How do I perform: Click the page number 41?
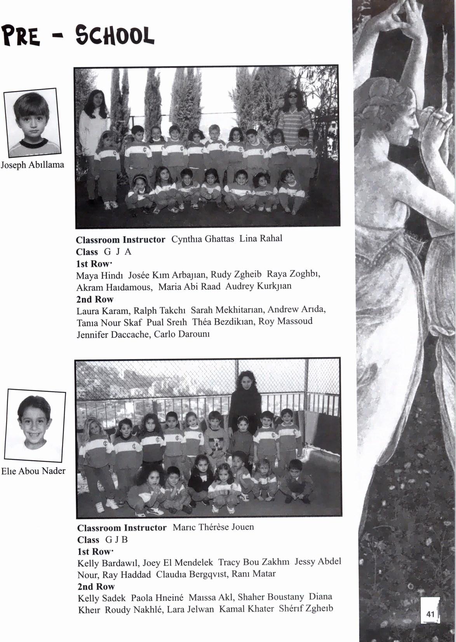tap(430, 614)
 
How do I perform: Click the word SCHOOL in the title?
tap(115, 36)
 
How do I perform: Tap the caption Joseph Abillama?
tap(32, 165)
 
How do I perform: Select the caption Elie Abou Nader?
tap(33, 471)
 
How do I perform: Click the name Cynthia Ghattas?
tap(202, 239)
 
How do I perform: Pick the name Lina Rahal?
tap(261, 238)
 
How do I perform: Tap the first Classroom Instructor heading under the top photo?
tap(120, 240)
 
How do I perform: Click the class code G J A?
tap(118, 252)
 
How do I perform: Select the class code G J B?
tap(117, 540)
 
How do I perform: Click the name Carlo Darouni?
tap(182, 334)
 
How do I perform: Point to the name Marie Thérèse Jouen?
tap(213, 527)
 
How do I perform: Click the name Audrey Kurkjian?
tap(258, 286)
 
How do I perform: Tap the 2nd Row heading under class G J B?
tap(96, 586)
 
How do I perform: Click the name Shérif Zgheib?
tap(306, 608)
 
